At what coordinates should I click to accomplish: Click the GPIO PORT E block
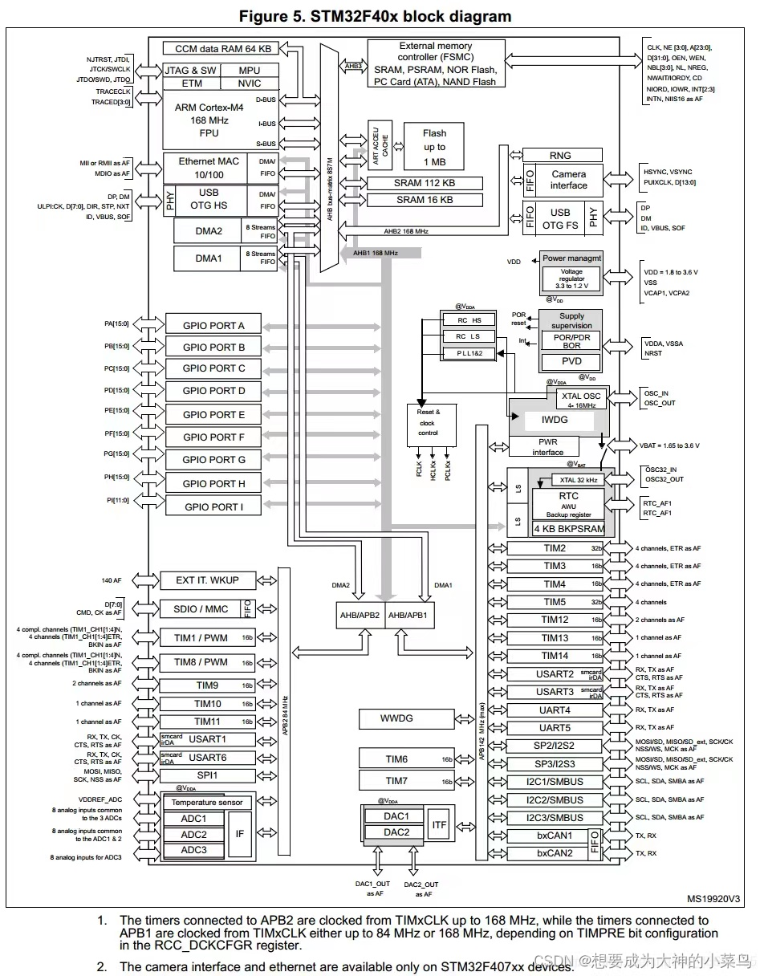click(x=213, y=415)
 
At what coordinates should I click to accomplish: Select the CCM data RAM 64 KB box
click(x=217, y=49)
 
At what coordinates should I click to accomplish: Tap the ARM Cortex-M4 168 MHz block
click(x=209, y=120)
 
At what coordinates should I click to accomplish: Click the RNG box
click(x=560, y=156)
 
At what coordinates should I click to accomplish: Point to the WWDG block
click(x=396, y=718)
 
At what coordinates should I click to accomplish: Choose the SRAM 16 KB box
click(x=424, y=200)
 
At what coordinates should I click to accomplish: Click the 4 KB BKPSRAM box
click(x=569, y=530)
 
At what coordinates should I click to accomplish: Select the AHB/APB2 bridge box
click(x=357, y=615)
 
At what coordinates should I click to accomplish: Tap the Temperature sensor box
click(x=207, y=803)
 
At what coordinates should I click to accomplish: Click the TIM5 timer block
click(x=555, y=602)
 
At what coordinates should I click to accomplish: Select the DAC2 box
click(x=396, y=832)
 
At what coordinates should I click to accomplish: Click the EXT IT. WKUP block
click(x=207, y=579)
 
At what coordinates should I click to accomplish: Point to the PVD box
click(x=571, y=361)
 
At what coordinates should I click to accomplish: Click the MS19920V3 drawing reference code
click(x=713, y=900)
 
